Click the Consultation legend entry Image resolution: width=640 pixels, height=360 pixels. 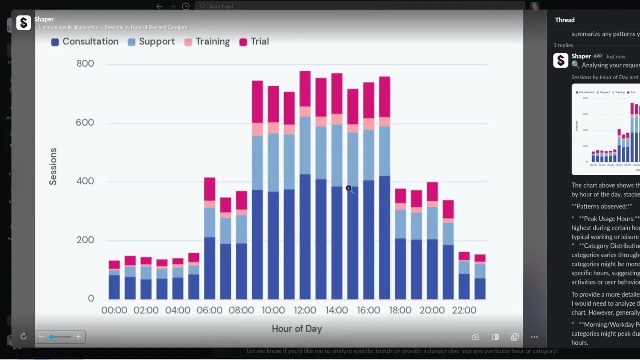pos(85,42)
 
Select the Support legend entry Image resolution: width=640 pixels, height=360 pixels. pos(151,42)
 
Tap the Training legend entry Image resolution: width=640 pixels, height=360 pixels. pos(207,42)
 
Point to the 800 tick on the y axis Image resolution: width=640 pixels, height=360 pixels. pos(85,64)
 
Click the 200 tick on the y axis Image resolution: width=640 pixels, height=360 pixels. pos(85,240)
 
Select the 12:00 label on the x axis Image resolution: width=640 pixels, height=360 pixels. pos(305,310)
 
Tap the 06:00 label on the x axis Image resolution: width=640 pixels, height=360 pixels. pos(209,310)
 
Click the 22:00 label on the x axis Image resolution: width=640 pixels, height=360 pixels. pos(464,310)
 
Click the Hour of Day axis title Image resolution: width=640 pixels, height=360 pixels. pos(297,329)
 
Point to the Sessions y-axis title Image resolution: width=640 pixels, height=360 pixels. pos(53,167)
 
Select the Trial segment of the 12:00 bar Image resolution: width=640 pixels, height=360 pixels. pos(305,89)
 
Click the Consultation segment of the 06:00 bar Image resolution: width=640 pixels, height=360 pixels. pos(210,268)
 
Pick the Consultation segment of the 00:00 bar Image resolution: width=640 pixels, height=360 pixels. pos(114,287)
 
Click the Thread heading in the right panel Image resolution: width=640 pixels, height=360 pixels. pos(565,20)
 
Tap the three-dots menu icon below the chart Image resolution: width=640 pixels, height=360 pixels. pos(534,337)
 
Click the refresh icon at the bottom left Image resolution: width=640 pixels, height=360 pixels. pos(23,337)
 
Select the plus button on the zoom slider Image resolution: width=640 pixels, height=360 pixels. pos(78,337)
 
